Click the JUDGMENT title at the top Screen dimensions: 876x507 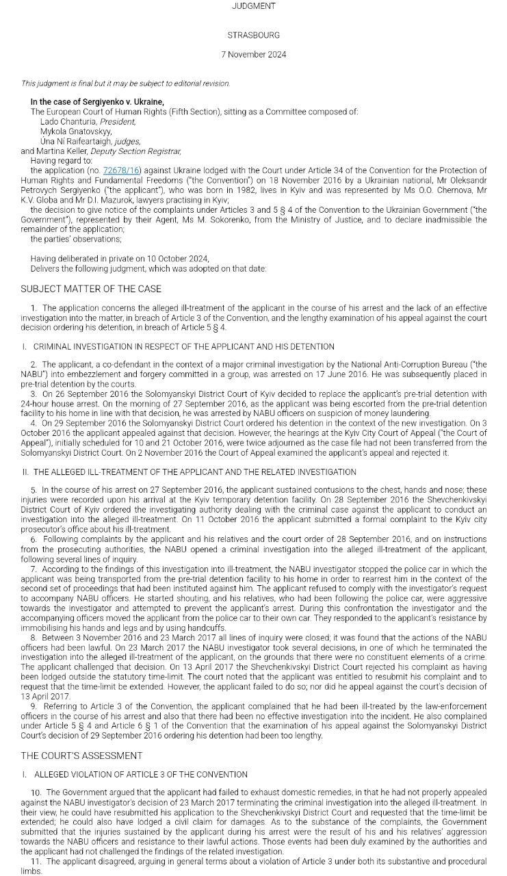click(x=253, y=6)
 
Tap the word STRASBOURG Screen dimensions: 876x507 click(x=253, y=35)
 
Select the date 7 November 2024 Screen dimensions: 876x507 click(x=253, y=55)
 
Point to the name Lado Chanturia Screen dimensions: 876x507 click(x=68, y=122)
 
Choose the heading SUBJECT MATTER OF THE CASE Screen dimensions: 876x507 click(x=90, y=289)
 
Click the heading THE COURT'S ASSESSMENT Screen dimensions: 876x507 click(x=81, y=756)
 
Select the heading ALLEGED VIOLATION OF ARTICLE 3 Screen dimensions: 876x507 click(x=140, y=775)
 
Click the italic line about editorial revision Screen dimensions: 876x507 click(x=125, y=83)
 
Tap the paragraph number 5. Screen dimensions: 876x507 click(x=34, y=490)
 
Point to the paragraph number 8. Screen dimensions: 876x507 click(x=34, y=638)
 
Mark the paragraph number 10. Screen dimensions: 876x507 click(x=36, y=793)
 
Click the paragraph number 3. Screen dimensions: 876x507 click(x=34, y=394)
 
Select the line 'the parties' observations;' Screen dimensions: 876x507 click(x=76, y=240)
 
